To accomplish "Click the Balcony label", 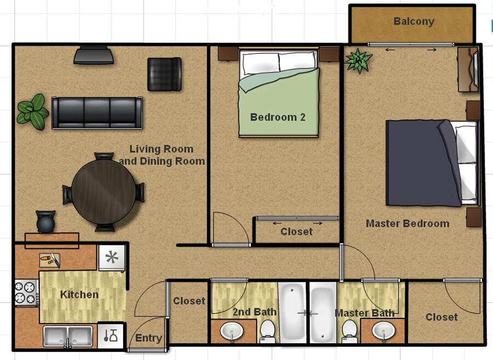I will (414, 22).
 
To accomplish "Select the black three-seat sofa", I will (97, 113).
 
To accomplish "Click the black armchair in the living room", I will (164, 74).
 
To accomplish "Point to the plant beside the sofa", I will (32, 112).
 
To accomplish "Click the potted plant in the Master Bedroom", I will (359, 60).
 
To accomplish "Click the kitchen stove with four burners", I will (25, 293).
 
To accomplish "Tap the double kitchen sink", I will (69, 335).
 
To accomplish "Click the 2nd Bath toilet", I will (267, 331).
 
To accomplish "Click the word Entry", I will (148, 338).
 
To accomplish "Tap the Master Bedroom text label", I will (407, 224).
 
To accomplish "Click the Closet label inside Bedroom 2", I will (296, 232).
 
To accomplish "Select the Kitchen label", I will (79, 295).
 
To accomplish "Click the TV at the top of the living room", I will (94, 55).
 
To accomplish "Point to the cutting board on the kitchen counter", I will (50, 260).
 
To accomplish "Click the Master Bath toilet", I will (349, 332).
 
